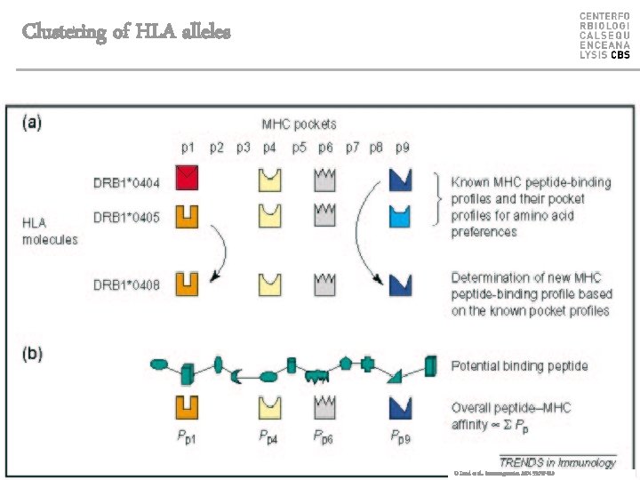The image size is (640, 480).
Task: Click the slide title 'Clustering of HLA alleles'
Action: tap(125, 32)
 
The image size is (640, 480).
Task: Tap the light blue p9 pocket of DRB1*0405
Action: tap(401, 215)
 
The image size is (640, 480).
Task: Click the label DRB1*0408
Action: tap(126, 285)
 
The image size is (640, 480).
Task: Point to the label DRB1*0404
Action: tap(126, 183)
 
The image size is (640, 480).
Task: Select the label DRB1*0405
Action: tap(126, 217)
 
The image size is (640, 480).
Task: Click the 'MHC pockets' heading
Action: tap(299, 124)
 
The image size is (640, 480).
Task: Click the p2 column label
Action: tap(217, 148)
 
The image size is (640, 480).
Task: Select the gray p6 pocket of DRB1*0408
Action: tap(324, 284)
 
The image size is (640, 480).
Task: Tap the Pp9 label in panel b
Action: tap(401, 436)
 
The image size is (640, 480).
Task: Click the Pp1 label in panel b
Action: tap(188, 436)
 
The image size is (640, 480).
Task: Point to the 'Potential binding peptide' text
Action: tap(519, 365)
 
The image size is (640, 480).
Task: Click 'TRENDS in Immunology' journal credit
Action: tap(556, 462)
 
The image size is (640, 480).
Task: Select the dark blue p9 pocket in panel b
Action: tap(401, 407)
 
